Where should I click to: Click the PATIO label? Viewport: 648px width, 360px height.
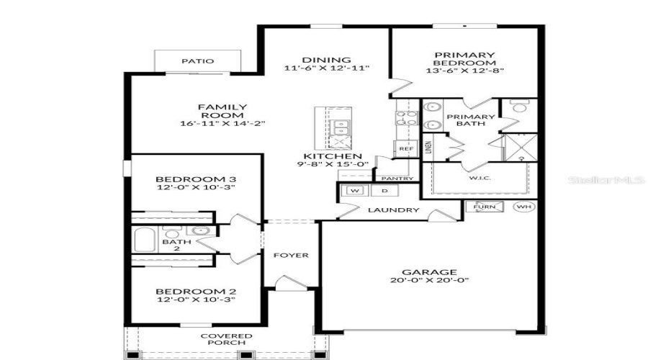point(197,61)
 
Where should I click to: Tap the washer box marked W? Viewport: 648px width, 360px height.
point(355,191)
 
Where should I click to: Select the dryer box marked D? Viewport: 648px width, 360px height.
point(384,191)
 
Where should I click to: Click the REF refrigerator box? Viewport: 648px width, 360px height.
point(404,149)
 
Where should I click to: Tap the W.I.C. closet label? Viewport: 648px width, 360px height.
point(480,178)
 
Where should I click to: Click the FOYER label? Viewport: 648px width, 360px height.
point(290,255)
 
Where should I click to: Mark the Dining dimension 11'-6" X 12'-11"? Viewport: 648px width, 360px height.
point(327,68)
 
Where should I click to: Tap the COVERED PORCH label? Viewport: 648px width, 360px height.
point(226,339)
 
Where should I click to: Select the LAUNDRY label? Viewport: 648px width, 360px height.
point(393,210)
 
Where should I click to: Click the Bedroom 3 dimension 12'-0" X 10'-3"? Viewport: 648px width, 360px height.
point(196,187)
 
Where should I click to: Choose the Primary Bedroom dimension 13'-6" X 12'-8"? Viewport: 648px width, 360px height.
point(464,71)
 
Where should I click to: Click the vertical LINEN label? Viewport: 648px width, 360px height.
point(428,148)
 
